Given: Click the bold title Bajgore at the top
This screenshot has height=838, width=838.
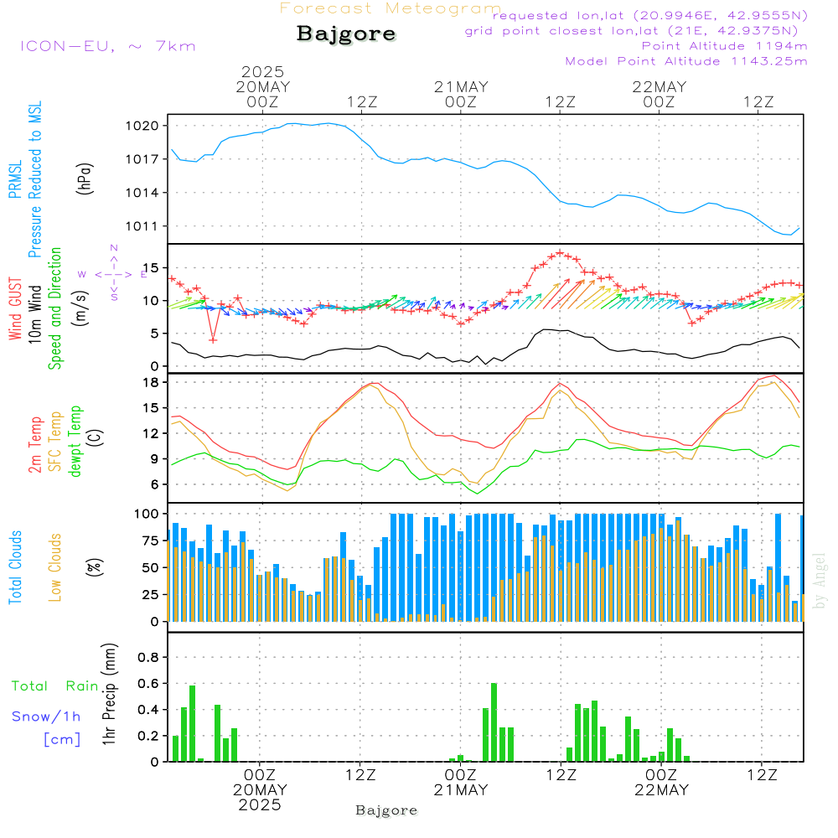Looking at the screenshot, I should (346, 34).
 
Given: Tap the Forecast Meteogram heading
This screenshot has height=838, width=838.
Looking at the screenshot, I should (391, 8).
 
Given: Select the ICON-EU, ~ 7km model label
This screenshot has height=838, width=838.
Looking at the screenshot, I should (107, 46).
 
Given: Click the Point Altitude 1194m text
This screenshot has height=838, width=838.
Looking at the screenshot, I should (724, 46).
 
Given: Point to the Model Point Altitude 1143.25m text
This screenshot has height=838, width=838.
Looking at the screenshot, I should (686, 61).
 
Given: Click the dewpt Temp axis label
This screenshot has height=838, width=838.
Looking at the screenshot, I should (76, 442).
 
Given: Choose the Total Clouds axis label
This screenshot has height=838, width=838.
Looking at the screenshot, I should (15, 567).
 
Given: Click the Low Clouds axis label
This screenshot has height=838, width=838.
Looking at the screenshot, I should (55, 567).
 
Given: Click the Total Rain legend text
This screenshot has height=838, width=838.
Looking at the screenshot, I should (55, 685).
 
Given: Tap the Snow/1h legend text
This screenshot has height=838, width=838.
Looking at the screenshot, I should (47, 716).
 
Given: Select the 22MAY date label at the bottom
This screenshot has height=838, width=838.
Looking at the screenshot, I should (660, 789).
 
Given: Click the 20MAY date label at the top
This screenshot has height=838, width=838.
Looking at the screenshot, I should (261, 87).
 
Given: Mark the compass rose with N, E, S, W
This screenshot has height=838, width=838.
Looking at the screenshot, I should (113, 273).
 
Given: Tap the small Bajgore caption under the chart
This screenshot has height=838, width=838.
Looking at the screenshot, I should (386, 810).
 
